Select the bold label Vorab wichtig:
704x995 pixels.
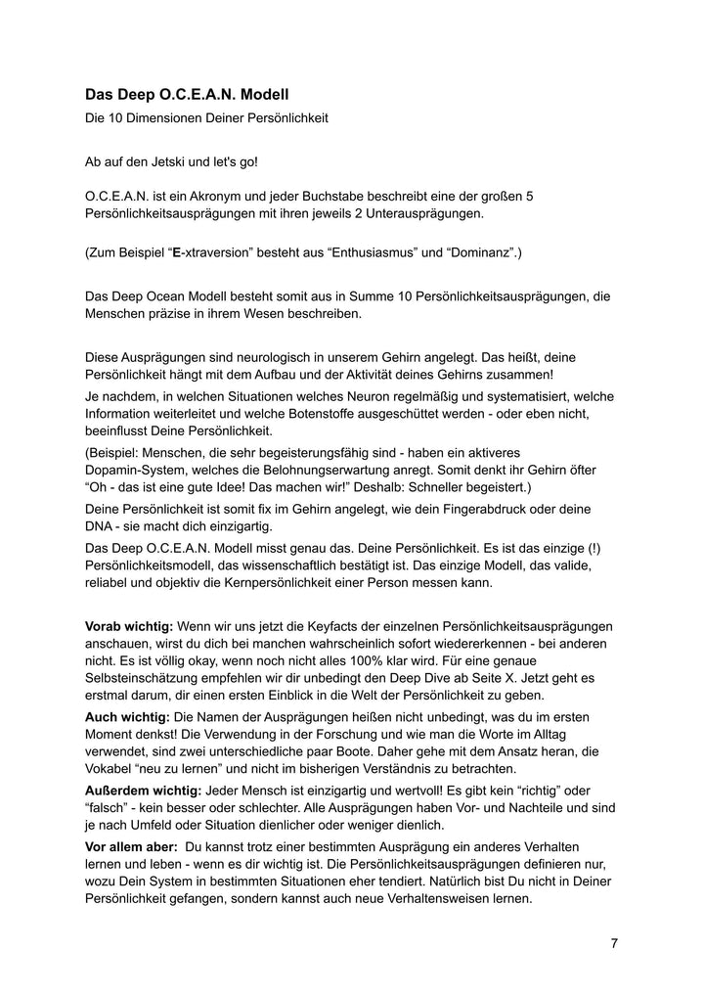(x=129, y=625)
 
